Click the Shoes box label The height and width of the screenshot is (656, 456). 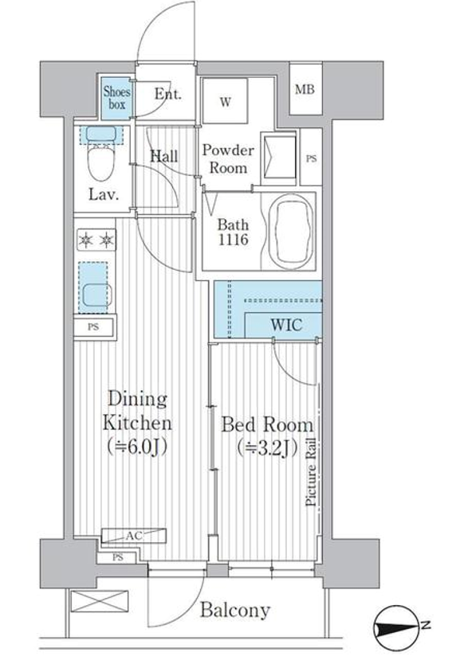point(117,97)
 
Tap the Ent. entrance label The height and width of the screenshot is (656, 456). point(167,94)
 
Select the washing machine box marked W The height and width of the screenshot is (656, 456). point(225,100)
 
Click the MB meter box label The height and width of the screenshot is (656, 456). point(305,89)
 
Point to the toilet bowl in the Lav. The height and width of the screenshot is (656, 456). point(101,160)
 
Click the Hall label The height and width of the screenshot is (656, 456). point(164,157)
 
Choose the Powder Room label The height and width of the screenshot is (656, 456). point(228,159)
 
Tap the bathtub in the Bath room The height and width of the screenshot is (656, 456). point(291,232)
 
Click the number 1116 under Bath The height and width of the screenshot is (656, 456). point(233,240)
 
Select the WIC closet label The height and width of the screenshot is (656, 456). point(286,325)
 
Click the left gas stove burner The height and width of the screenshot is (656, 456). point(85,240)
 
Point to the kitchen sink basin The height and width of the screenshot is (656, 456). point(96,295)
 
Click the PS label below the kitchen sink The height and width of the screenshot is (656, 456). point(93,326)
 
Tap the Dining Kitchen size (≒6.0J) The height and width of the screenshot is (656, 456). point(137,447)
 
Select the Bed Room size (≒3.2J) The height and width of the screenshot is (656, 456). point(267,448)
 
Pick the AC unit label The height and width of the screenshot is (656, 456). point(134,536)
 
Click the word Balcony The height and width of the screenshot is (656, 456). point(234,611)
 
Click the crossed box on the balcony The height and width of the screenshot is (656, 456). point(100,601)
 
